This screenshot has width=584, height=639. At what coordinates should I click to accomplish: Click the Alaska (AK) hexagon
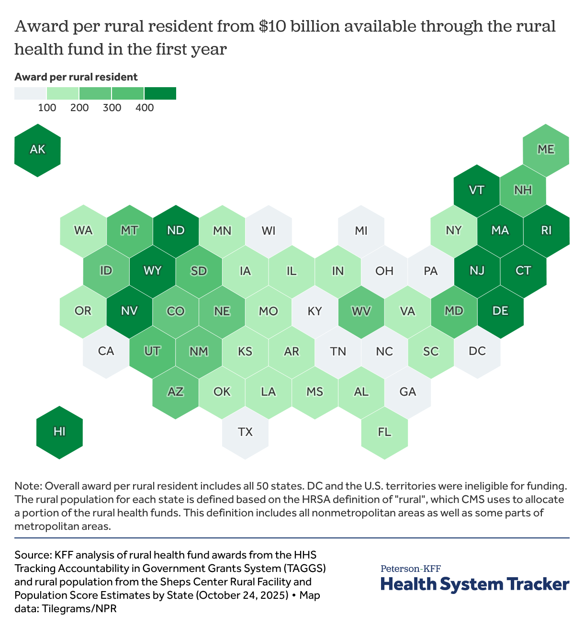tap(37, 150)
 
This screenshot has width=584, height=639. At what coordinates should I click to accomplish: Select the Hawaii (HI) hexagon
tap(60, 432)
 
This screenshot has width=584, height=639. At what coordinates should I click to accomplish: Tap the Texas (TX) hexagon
tap(245, 432)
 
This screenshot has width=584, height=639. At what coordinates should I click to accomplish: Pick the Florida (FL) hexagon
tap(384, 432)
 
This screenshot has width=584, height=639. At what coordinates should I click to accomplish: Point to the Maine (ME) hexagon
tap(546, 150)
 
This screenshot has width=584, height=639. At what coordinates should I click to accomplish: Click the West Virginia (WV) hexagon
tap(361, 311)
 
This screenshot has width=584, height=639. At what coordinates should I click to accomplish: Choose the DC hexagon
tap(477, 351)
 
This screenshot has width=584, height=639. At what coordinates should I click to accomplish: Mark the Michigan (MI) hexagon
tap(361, 231)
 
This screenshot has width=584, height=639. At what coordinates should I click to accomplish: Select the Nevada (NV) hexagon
tap(129, 311)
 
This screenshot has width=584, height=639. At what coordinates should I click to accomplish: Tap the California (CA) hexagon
tap(106, 351)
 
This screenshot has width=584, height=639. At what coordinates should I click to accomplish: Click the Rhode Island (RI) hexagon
tap(546, 231)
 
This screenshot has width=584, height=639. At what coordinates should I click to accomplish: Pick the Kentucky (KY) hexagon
tap(314, 311)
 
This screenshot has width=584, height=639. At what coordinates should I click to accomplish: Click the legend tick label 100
tap(47, 108)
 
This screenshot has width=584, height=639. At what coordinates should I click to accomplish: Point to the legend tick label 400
tap(145, 108)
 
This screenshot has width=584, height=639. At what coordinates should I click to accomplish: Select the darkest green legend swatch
tap(160, 93)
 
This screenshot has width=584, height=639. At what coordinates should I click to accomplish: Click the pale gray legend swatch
tap(30, 93)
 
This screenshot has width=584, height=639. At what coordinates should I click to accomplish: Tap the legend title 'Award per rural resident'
tap(76, 77)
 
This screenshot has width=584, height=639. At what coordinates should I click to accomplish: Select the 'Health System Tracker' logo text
tap(475, 584)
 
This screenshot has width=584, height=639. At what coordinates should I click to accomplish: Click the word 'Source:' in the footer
tap(33, 555)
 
